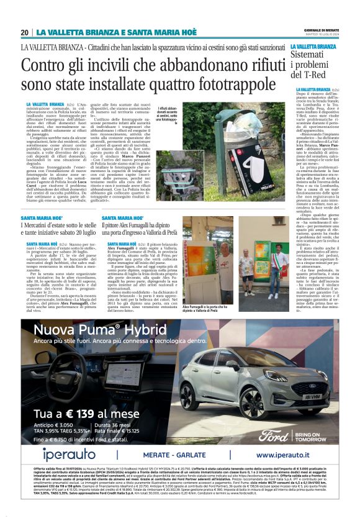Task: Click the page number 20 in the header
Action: coord(25,32)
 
